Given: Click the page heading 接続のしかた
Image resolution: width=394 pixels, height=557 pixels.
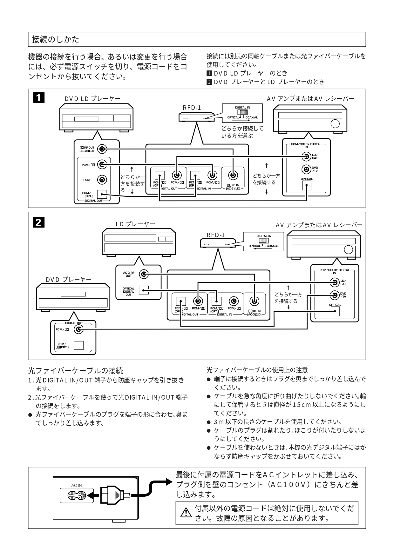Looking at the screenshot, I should tap(56, 39).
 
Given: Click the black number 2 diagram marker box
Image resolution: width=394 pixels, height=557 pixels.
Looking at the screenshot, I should tap(38, 222).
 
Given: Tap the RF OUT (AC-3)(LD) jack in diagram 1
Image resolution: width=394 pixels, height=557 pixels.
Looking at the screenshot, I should tap(102, 149).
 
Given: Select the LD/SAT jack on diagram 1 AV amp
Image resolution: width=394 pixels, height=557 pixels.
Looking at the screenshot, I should tap(306, 156).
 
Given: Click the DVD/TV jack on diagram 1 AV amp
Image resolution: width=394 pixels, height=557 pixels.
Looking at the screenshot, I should tap(306, 169).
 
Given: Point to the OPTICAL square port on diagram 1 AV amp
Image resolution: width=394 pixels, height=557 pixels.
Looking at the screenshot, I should tap(307, 185).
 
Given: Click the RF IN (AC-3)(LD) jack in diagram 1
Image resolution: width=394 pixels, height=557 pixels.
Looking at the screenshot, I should tap(233, 175).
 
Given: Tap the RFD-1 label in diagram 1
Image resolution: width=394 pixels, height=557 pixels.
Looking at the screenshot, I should tap(192, 108).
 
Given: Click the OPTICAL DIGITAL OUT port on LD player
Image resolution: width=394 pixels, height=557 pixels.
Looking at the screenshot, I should tap(144, 290).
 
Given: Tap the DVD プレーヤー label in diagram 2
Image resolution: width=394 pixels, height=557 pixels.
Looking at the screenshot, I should tap(69, 280).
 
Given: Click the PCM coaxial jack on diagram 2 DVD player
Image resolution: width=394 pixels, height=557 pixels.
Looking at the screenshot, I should tap(78, 330).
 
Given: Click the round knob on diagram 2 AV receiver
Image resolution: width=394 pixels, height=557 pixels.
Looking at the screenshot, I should tap(348, 249).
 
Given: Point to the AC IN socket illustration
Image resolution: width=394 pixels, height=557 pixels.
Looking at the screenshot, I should tap(77, 495).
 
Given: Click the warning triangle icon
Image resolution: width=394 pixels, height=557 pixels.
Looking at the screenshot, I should tap(184, 513).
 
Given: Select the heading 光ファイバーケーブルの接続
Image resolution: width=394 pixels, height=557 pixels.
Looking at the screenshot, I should tap(75, 370).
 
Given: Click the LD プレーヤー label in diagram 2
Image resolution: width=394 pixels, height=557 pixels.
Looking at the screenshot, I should tap(135, 224).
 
